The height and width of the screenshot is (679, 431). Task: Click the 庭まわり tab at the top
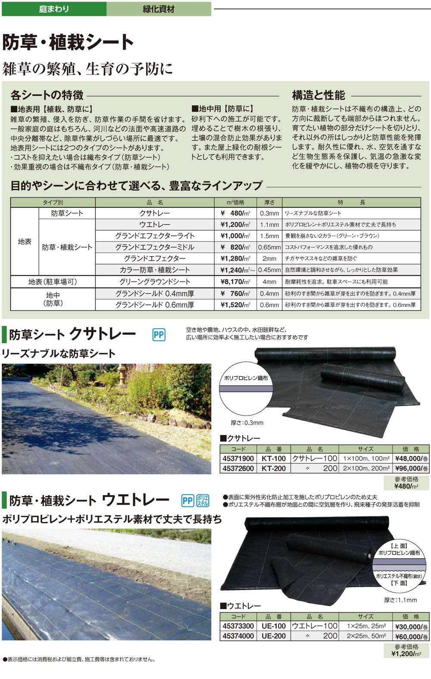[x=54, y=9]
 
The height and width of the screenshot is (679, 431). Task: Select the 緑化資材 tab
[x=159, y=9]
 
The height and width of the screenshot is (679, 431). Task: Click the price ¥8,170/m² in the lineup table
[x=235, y=282]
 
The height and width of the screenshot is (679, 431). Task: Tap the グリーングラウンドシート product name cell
[x=155, y=282]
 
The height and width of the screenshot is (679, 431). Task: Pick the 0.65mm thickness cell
[x=269, y=247]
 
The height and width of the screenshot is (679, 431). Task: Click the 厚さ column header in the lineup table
[x=269, y=202]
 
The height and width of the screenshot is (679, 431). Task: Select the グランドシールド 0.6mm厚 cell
[x=155, y=305]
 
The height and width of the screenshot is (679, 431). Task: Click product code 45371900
[x=238, y=459]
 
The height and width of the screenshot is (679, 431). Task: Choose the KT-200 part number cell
[x=274, y=468]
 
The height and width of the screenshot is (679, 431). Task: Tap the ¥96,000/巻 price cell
[x=411, y=468]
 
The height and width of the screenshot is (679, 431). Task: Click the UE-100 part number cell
[x=274, y=626]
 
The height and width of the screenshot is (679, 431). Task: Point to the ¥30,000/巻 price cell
[x=411, y=626]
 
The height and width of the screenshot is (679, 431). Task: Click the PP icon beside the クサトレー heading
[x=159, y=335]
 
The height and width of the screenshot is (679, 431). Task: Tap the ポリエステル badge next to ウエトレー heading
[x=203, y=501]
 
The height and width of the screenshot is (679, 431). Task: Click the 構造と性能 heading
[x=319, y=95]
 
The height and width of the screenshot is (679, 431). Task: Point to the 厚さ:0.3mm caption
[x=247, y=422]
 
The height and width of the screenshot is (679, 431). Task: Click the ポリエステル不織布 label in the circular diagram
[x=399, y=576]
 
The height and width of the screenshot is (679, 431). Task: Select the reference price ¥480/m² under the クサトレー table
[x=406, y=486]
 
